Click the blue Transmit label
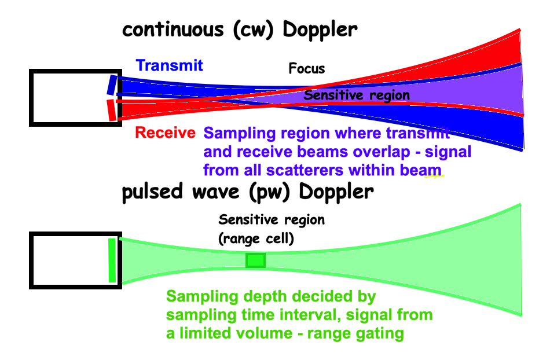(170, 65)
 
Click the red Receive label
(165, 133)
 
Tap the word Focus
(307, 69)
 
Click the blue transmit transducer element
(111, 85)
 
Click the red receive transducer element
(111, 110)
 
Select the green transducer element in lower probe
(112, 260)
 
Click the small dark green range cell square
(255, 260)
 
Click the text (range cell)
(256, 237)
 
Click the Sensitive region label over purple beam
(357, 95)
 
